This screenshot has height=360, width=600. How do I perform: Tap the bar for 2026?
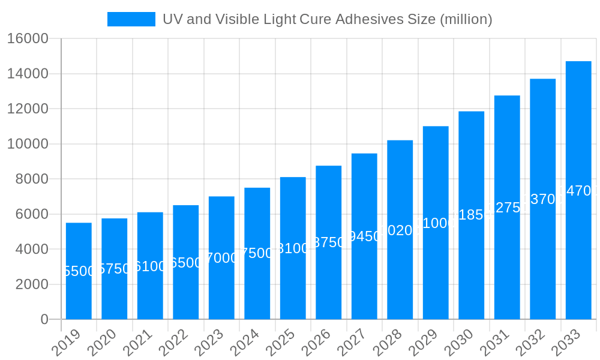[x=328, y=242]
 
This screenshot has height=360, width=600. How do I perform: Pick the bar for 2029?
[x=436, y=223]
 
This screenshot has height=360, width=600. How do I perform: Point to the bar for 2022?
[x=185, y=262]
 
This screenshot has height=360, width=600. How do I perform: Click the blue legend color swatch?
[x=131, y=19]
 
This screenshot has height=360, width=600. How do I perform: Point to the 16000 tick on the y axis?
[x=28, y=39]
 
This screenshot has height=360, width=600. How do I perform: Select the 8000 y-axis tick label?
[x=32, y=179]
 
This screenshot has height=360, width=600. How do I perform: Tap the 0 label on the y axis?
[x=44, y=320]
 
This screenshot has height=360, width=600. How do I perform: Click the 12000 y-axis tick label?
[x=28, y=109]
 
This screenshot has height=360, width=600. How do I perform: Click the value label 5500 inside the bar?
[x=79, y=271]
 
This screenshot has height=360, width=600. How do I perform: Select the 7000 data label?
[x=221, y=258]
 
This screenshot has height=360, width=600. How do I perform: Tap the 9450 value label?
[x=364, y=236]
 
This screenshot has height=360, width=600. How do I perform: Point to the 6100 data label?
[x=150, y=266]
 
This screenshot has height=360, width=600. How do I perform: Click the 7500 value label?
[x=257, y=253]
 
